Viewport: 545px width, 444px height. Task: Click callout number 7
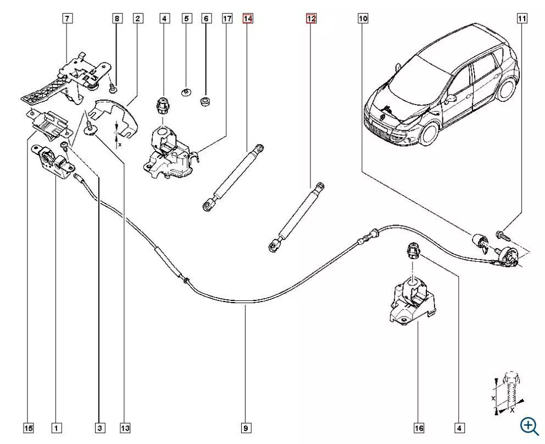click(x=67, y=19)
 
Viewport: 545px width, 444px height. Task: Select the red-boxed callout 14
click(x=247, y=19)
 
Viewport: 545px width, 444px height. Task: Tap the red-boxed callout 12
click(x=311, y=19)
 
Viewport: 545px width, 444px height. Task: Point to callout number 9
click(x=246, y=427)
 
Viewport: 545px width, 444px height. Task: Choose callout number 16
click(x=419, y=427)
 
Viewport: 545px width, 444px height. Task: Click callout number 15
click(x=28, y=427)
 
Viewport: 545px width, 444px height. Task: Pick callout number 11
click(x=521, y=19)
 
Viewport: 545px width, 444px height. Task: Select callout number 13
click(x=125, y=427)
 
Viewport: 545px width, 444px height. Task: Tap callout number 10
click(x=363, y=19)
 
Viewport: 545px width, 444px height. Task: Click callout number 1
click(x=56, y=427)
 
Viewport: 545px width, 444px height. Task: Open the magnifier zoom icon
click(x=529, y=425)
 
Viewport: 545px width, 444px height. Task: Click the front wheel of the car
click(x=429, y=132)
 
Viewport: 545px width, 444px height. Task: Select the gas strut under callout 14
click(x=233, y=176)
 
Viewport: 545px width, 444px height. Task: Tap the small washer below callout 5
click(x=186, y=92)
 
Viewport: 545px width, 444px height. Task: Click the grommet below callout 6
click(x=207, y=102)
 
